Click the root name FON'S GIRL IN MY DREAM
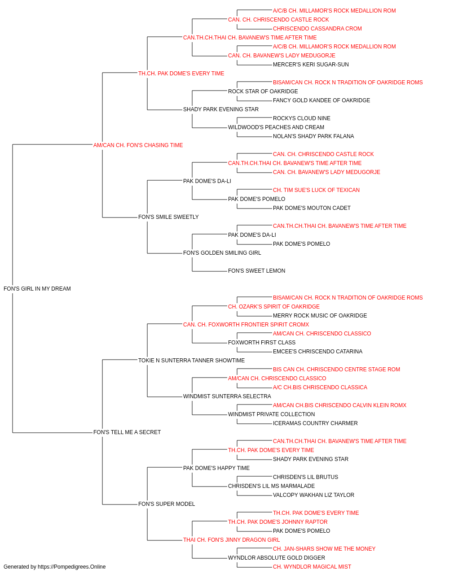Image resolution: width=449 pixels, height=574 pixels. click(x=37, y=289)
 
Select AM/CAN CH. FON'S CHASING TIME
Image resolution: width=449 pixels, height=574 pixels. click(x=138, y=145)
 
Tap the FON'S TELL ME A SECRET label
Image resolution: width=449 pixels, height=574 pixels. click(x=127, y=432)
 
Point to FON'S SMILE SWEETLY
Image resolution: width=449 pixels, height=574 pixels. click(x=168, y=217)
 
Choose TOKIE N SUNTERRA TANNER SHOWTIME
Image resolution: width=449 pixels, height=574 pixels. click(x=191, y=360)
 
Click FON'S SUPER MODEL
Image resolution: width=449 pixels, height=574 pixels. click(x=167, y=504)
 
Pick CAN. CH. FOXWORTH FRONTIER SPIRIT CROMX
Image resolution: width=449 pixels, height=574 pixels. click(x=246, y=324)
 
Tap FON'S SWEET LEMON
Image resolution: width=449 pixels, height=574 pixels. click(x=256, y=271)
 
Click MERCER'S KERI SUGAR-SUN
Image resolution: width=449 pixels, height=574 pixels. click(x=311, y=65)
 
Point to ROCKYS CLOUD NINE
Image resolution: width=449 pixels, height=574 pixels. click(x=301, y=118)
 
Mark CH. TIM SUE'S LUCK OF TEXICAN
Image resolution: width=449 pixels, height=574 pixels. click(x=316, y=190)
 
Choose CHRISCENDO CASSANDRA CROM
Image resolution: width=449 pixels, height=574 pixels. click(x=317, y=29)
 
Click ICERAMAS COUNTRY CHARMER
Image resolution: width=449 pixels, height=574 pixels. click(x=315, y=423)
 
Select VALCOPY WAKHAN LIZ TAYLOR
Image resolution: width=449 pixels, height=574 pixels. click(x=313, y=495)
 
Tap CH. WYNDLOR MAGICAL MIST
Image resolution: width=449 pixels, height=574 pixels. click(x=312, y=567)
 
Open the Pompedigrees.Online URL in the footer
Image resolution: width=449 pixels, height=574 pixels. click(x=72, y=567)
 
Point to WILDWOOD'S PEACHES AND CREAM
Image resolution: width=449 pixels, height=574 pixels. click(x=276, y=127)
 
